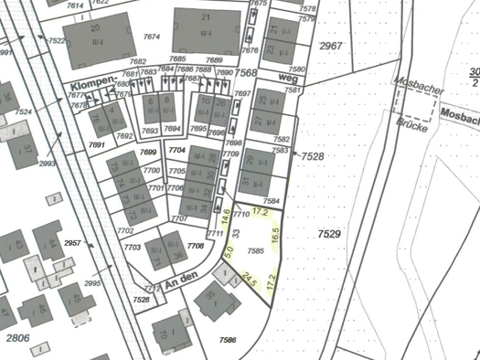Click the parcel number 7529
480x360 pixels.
[329, 235]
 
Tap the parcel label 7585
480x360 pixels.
[255, 249]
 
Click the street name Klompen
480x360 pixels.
[90, 85]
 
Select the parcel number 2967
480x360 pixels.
[330, 46]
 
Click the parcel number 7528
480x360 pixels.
[313, 157]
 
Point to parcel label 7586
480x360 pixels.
[228, 340]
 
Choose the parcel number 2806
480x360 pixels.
[18, 338]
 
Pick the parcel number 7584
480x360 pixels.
[271, 200]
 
